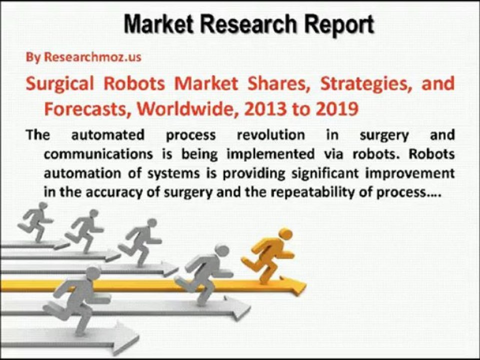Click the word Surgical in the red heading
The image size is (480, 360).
pyautogui.click(x=59, y=83)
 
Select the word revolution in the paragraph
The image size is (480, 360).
pyautogui.click(x=270, y=135)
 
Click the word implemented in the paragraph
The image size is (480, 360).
pyautogui.click(x=278, y=154)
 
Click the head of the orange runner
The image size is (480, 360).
pyautogui.click(x=285, y=234)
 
